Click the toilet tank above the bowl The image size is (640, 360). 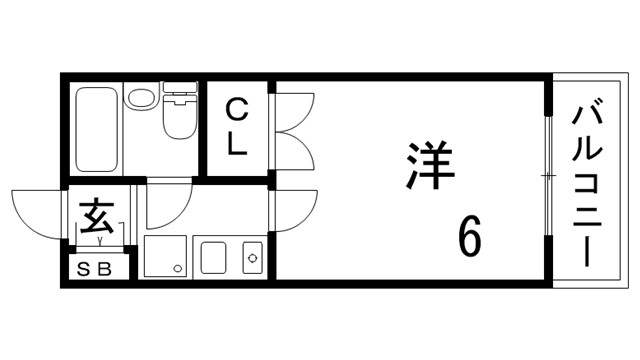(179, 97)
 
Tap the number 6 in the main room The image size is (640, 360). (471, 237)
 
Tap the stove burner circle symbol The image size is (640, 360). (252, 257)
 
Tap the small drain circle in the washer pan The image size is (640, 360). (177, 268)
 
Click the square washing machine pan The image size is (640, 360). (164, 256)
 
